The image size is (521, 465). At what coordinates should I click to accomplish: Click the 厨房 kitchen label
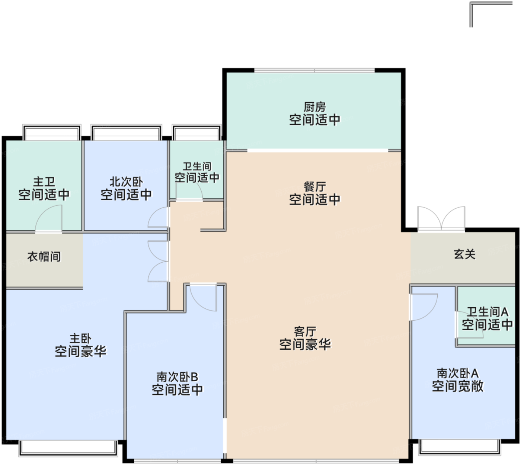coord(314,108)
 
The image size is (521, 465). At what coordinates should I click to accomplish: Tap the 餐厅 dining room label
coord(314,187)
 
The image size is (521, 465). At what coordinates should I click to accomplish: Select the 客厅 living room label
coord(305,331)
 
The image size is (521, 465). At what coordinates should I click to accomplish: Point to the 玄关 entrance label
coord(464,254)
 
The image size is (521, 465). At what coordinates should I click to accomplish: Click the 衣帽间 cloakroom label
coord(44,257)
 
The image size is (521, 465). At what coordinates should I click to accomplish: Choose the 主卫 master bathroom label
coord(44,182)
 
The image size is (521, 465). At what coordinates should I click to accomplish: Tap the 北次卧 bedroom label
coord(126,182)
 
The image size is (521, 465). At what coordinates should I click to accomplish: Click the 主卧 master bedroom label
coord(80,339)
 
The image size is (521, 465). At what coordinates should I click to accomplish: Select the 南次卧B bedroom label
coord(177,377)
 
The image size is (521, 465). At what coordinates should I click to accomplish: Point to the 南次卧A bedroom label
coord(457,373)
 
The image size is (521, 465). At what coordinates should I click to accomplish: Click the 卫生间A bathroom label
coord(487,312)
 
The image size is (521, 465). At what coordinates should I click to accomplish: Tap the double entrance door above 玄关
coord(441,219)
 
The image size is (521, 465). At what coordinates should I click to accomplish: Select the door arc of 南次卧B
coord(203,298)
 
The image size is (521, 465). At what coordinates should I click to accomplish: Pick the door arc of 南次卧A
coord(424,307)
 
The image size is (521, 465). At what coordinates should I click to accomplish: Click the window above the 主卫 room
coord(52,133)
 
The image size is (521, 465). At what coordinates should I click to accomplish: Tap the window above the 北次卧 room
coord(126,133)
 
